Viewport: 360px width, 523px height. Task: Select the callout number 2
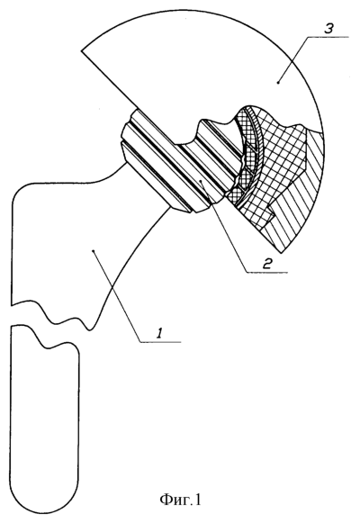coord(267,264)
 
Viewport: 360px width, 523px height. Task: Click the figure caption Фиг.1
coord(180,500)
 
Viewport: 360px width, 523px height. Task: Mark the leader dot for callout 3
coord(279,81)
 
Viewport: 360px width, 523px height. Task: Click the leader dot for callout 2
coord(201,180)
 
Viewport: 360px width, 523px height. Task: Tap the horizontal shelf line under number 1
coord(159,341)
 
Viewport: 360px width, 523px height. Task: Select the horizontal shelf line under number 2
coord(267,273)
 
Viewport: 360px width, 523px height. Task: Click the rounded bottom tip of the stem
coord(45,502)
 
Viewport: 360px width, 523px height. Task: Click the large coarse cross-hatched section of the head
coord(276,160)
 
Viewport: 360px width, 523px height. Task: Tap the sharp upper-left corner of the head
coord(82,50)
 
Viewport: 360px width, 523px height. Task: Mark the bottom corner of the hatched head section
coord(283,252)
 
